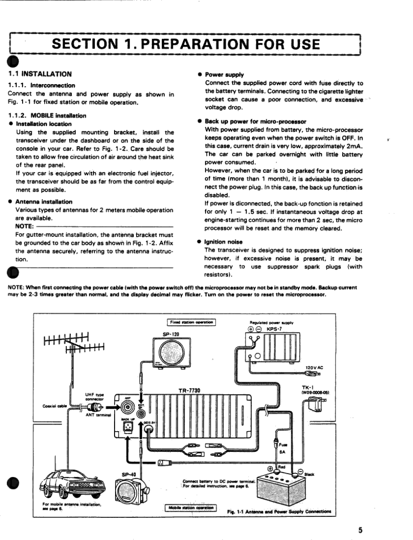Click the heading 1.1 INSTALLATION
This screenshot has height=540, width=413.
[40, 74]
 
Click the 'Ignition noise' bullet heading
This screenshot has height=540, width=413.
[224, 242]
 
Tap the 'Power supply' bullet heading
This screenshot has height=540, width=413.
[224, 75]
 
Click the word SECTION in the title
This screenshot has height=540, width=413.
[87, 45]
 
